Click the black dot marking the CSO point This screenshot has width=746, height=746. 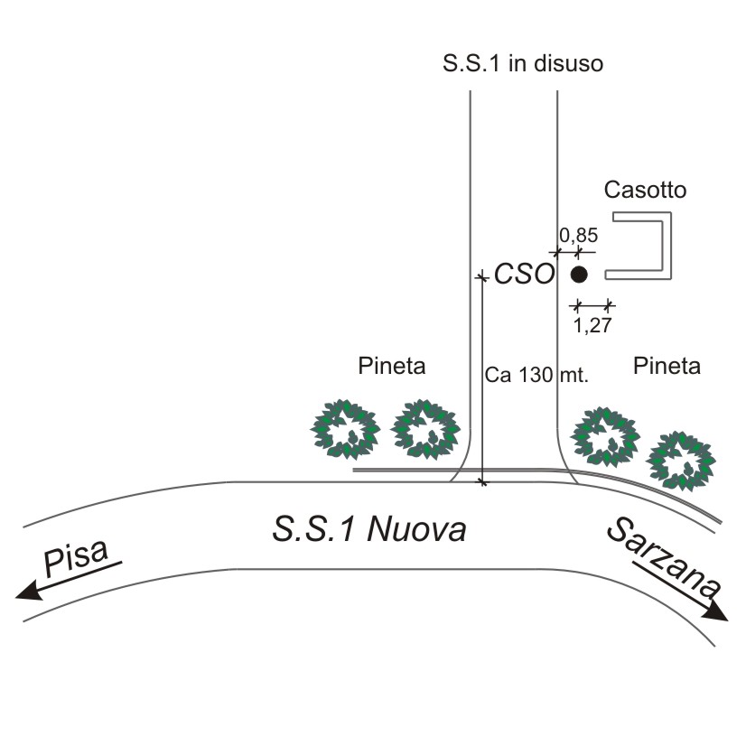579,275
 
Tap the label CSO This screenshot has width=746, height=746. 525,275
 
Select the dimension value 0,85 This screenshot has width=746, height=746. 579,235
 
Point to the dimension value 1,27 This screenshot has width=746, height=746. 592,325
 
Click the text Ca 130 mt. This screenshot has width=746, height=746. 536,375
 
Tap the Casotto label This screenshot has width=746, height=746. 645,190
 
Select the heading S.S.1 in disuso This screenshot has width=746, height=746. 523,63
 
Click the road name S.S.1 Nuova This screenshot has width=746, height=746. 369,528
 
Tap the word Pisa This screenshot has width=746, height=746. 76,556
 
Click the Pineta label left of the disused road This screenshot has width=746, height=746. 392,366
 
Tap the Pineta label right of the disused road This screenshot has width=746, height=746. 667,366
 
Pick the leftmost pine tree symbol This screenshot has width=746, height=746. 345,430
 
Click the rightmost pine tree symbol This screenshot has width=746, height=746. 681,461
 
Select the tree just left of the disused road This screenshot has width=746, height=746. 425,430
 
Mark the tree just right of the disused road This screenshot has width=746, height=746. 605,436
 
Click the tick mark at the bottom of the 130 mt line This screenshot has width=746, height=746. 483,483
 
